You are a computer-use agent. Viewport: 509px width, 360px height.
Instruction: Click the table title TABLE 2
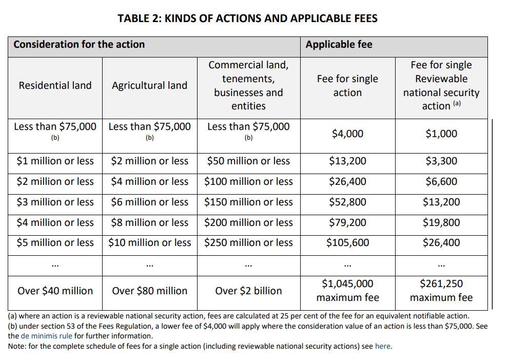pyautogui.click(x=247, y=18)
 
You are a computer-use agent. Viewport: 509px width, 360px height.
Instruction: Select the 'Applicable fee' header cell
pyautogui.click(x=339, y=45)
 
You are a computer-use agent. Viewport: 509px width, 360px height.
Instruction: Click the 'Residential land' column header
pyautogui.click(x=55, y=85)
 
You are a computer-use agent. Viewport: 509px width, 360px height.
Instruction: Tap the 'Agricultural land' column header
pyautogui.click(x=149, y=85)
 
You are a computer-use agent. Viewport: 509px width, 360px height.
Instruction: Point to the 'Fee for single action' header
pyautogui.click(x=347, y=85)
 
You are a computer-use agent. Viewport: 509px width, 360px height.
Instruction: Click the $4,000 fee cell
pyautogui.click(x=347, y=134)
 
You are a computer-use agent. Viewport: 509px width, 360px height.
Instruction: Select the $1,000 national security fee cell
pyautogui.click(x=441, y=134)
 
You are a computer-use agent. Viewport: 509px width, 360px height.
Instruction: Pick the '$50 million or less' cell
pyautogui.click(x=248, y=161)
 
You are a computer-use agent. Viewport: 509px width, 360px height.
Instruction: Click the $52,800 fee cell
pyautogui.click(x=347, y=202)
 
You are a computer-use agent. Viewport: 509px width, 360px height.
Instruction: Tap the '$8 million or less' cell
pyautogui.click(x=149, y=222)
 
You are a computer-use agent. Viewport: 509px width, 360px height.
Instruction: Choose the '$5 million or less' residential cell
pyautogui.click(x=55, y=242)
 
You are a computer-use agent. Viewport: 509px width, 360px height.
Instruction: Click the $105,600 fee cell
pyautogui.click(x=347, y=242)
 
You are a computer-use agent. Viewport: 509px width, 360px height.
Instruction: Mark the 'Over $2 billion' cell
pyautogui.click(x=248, y=291)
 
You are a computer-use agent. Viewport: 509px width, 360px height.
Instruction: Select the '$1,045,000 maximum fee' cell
pyautogui.click(x=347, y=291)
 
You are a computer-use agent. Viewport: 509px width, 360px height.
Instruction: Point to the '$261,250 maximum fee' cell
pyautogui.click(x=441, y=291)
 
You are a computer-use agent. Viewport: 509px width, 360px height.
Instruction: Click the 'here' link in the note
pyautogui.click(x=382, y=346)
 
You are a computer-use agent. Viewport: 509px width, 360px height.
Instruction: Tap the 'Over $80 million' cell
pyautogui.click(x=149, y=291)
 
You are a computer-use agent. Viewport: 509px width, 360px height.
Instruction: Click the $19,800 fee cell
pyautogui.click(x=441, y=222)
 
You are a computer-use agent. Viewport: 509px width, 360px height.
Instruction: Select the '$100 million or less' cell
pyautogui.click(x=248, y=181)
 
